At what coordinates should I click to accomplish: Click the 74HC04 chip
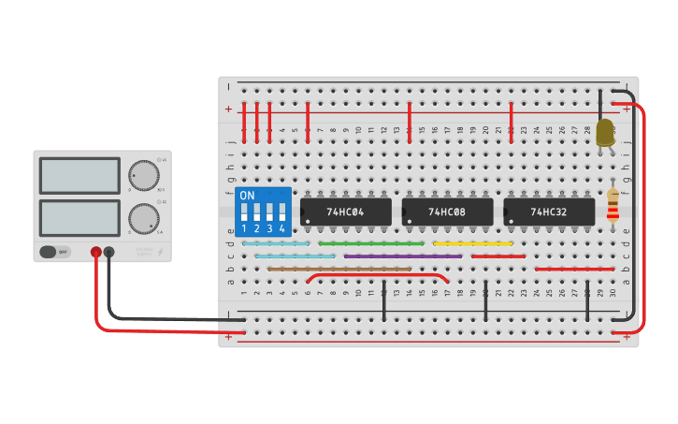coord(345,212)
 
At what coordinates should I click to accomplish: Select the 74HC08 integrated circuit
coord(447,212)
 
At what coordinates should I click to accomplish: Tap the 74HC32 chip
coord(549,212)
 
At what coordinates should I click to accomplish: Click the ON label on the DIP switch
coord(247,196)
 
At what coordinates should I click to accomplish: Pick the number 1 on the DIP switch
coord(244,228)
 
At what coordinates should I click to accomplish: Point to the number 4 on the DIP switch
coord(281,228)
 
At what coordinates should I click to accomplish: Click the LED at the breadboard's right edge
coord(605,133)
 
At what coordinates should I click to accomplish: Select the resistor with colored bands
coord(613,206)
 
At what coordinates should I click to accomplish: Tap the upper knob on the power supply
coord(143,175)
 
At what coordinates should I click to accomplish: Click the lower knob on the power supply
coord(143,218)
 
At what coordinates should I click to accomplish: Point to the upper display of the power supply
coord(79,175)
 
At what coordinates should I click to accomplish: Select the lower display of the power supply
coord(79,217)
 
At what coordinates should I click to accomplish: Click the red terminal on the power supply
coord(95,252)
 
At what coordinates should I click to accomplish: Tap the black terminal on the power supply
coord(109,252)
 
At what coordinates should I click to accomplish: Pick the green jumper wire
coord(370,243)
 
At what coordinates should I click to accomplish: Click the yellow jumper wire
coord(472,243)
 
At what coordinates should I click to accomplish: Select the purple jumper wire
coord(402,256)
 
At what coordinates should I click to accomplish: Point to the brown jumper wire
coord(339,269)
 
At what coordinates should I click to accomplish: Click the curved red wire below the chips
coord(378,274)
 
